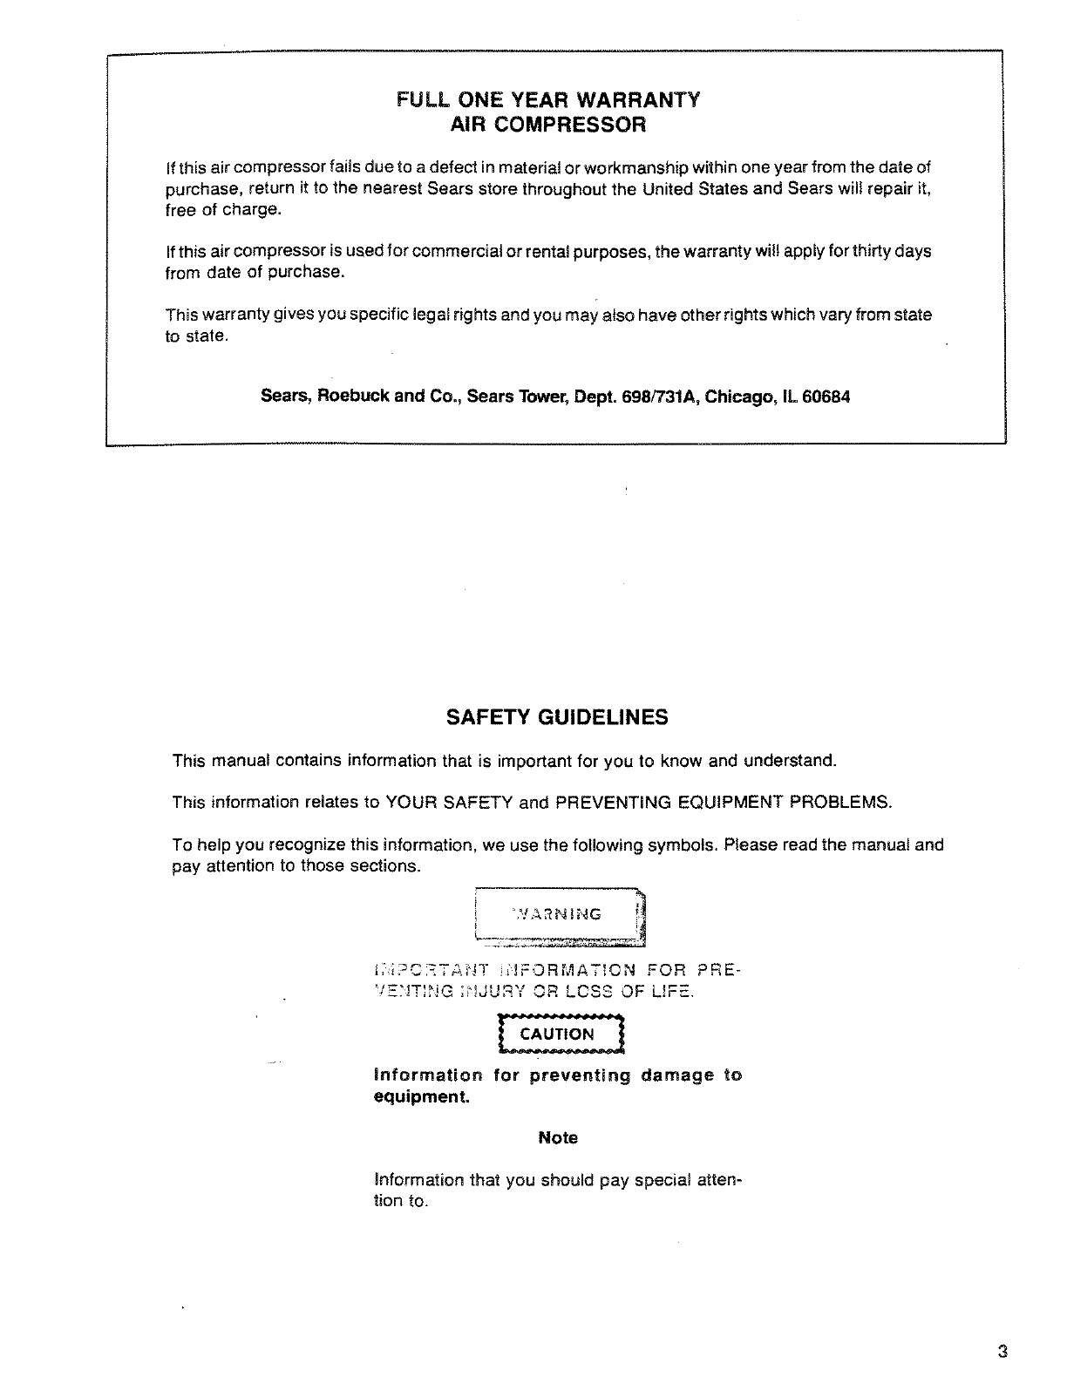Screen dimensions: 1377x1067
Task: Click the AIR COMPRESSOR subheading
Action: pos(547,124)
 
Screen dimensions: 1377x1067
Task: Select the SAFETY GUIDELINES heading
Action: pos(557,717)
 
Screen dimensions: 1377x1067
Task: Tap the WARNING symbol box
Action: pos(559,914)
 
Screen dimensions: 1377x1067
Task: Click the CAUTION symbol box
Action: pos(557,1034)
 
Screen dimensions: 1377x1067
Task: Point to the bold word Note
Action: pos(558,1138)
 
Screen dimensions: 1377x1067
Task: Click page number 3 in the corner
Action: pos(1003,1352)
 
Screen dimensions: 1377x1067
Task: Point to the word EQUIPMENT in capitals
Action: pos(732,802)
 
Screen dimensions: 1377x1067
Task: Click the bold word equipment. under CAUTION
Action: pos(421,1096)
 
